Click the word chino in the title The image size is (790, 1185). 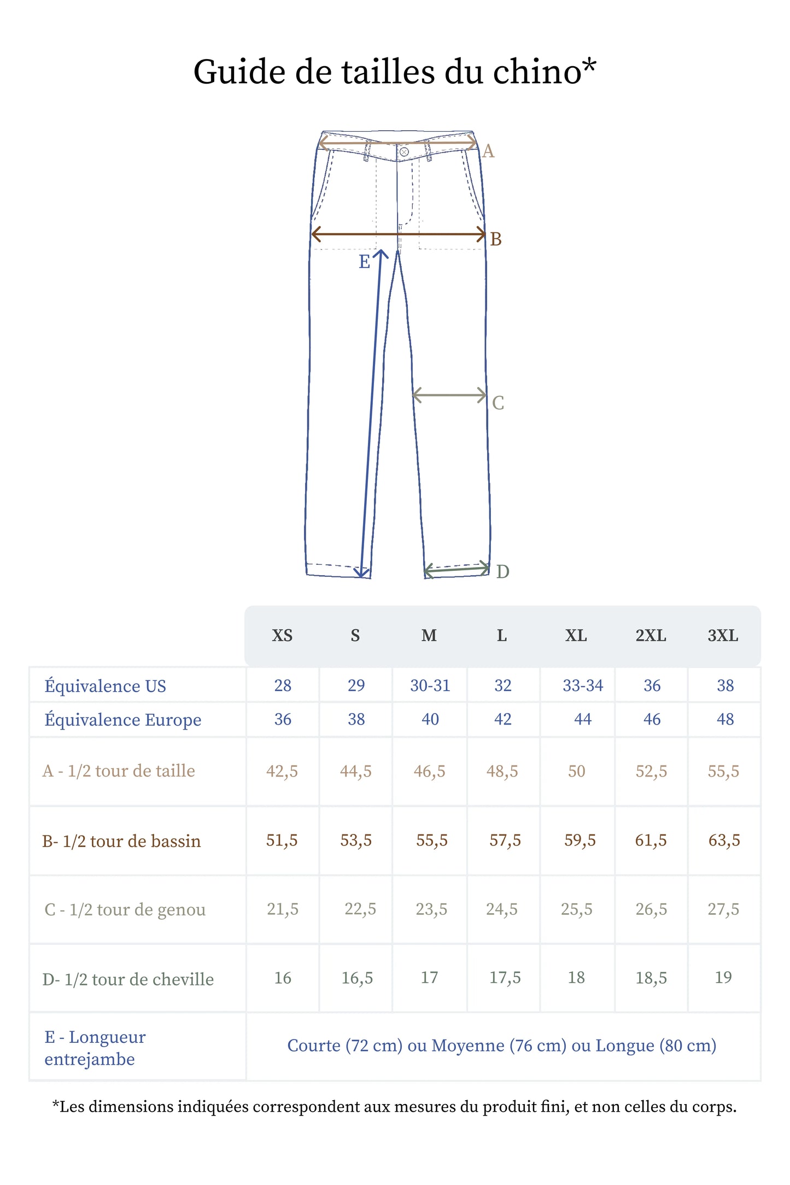537,72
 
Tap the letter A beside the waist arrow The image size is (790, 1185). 488,151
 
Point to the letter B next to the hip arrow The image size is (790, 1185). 496,240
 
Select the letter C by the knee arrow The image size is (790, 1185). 498,403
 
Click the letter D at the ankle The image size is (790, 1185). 503,572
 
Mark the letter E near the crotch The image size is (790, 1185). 365,262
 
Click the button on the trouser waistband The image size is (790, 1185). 404,152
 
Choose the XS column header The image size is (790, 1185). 282,635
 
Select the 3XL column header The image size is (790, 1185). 723,635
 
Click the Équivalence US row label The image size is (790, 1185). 106,686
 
